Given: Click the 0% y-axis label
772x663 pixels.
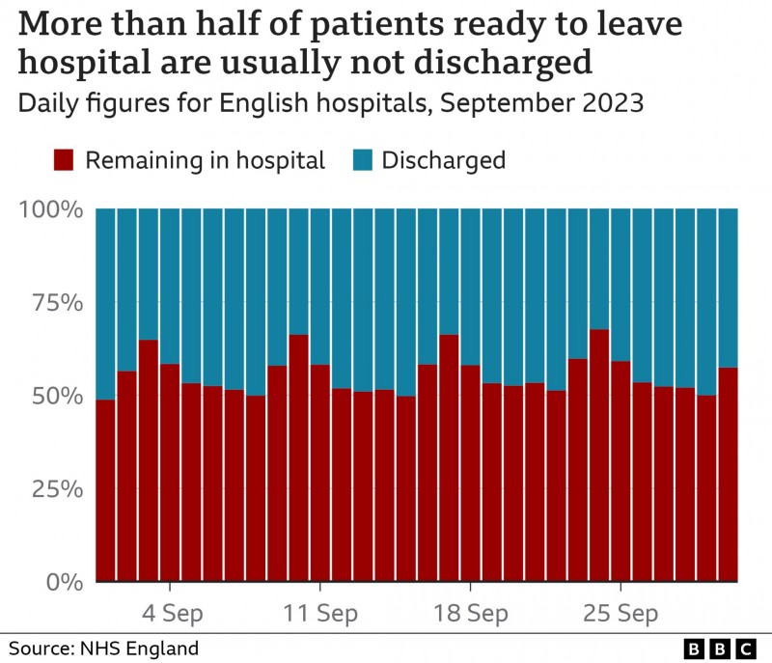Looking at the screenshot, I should (x=66, y=582).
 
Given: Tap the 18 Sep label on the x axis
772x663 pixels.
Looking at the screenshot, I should (x=470, y=614).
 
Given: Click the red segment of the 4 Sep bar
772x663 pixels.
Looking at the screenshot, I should (x=170, y=473).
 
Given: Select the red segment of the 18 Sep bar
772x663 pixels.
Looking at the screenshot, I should (x=470, y=473).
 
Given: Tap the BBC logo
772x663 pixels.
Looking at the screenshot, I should (x=719, y=648).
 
